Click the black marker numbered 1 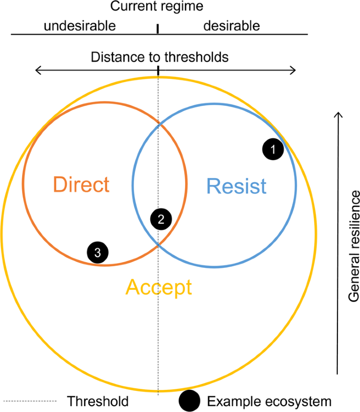click(x=273, y=149)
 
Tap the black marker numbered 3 click(x=98, y=253)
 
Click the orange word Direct click(x=81, y=185)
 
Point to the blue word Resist click(x=236, y=186)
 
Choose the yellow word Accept click(x=159, y=287)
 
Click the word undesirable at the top click(x=79, y=25)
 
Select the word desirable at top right click(x=231, y=25)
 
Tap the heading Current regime click(x=156, y=7)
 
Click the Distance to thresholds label click(x=160, y=57)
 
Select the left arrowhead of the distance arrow click(x=37, y=71)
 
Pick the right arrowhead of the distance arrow click(x=294, y=71)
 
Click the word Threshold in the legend click(x=97, y=401)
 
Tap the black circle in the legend click(x=189, y=401)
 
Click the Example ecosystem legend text click(x=269, y=401)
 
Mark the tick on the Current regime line click(x=158, y=29)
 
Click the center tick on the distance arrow click(x=158, y=69)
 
